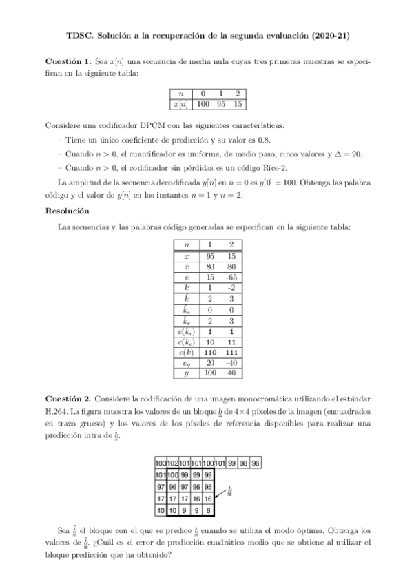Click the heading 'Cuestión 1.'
point(68,61)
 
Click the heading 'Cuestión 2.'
point(68,399)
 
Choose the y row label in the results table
point(186,373)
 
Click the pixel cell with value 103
point(161,463)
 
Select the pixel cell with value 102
point(173,463)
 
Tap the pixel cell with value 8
point(208,510)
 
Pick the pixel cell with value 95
point(208,487)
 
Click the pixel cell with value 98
point(243,463)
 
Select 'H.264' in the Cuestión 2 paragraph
point(58,411)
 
